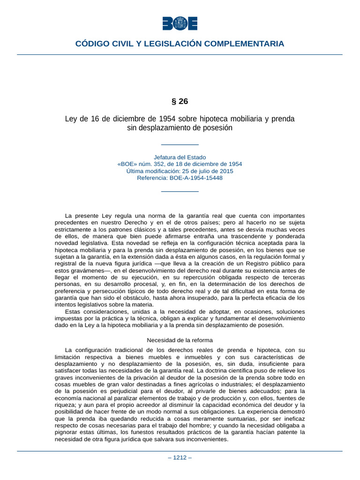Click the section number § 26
pyautogui.click(x=180, y=101)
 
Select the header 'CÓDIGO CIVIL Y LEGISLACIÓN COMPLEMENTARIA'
pyautogui.click(x=180, y=44)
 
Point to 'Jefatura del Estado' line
pyautogui.click(x=180, y=157)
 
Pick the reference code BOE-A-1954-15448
pyautogui.click(x=196, y=178)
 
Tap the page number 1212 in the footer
pyautogui.click(x=180, y=458)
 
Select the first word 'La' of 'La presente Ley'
pyautogui.click(x=69, y=216)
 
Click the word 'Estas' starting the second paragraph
pyautogui.click(x=73, y=312)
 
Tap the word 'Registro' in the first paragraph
pyautogui.click(x=259, y=263)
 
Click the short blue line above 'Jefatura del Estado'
pyautogui.click(x=180, y=145)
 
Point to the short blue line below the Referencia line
pyautogui.click(x=180, y=191)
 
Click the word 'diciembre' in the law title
pyautogui.click(x=116, y=119)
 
